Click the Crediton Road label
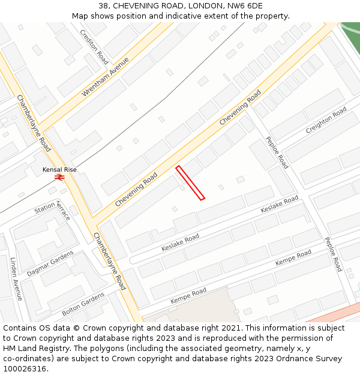(x=95, y=47)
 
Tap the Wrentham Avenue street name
(x=106, y=77)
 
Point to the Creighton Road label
(x=326, y=121)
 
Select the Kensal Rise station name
(x=59, y=170)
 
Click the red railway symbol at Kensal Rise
(x=59, y=177)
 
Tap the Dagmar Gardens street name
(x=50, y=263)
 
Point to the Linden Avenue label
(x=16, y=278)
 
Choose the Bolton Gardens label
(x=83, y=304)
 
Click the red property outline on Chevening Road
(x=190, y=182)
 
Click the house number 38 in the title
(x=103, y=6)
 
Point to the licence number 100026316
(x=26, y=368)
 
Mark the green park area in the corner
(x=352, y=33)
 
